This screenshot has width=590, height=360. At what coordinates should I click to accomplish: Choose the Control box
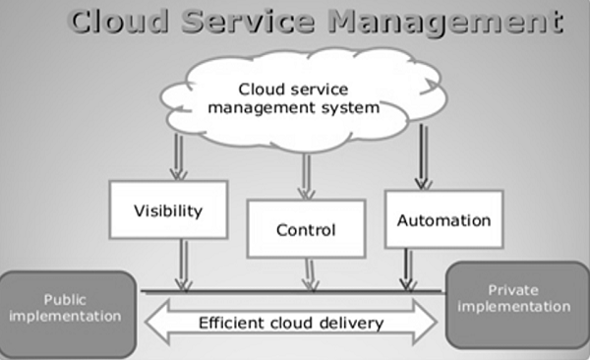[x=305, y=231]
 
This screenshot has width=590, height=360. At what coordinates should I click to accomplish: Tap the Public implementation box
[x=66, y=307]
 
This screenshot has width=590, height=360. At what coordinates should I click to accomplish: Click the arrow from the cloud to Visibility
[x=179, y=156]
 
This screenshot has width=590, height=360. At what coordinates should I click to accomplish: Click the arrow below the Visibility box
[x=182, y=265]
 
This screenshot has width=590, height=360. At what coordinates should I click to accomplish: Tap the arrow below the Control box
[x=311, y=274]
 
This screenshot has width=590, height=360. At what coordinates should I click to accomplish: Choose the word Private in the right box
[x=514, y=290]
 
